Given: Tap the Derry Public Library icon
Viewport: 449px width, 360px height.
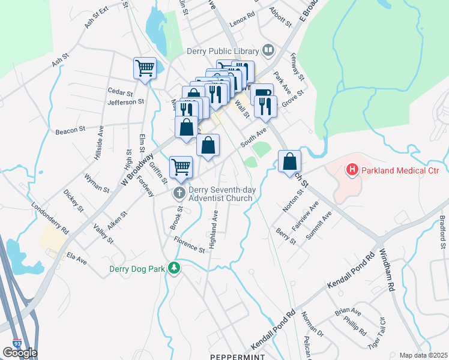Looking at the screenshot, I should click(x=268, y=51).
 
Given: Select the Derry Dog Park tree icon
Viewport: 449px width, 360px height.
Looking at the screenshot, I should click(x=174, y=268).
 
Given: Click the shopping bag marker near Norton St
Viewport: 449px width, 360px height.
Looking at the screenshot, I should click(x=289, y=161).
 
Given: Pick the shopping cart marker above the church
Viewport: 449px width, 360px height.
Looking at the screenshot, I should click(x=181, y=167).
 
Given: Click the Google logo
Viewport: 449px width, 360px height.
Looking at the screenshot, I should click(x=20, y=353).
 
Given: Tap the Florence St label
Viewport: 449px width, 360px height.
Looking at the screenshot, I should click(x=189, y=245).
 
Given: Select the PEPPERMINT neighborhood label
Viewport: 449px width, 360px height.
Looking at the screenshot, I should click(x=237, y=356).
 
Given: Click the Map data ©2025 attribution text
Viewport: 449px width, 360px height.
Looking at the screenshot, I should click(x=423, y=355).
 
